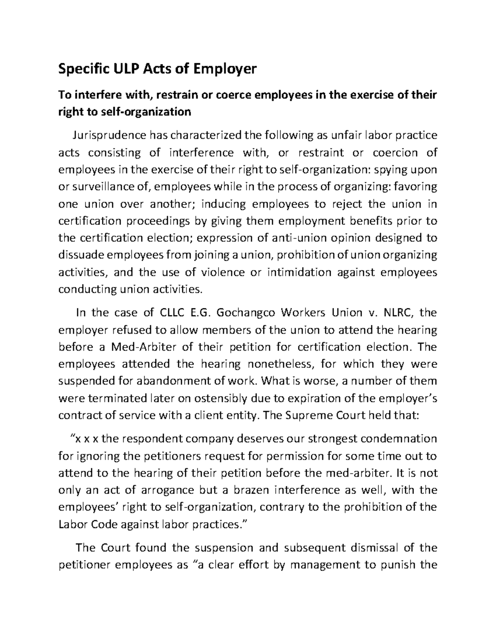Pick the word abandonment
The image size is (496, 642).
pyautogui.click(x=175, y=381)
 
